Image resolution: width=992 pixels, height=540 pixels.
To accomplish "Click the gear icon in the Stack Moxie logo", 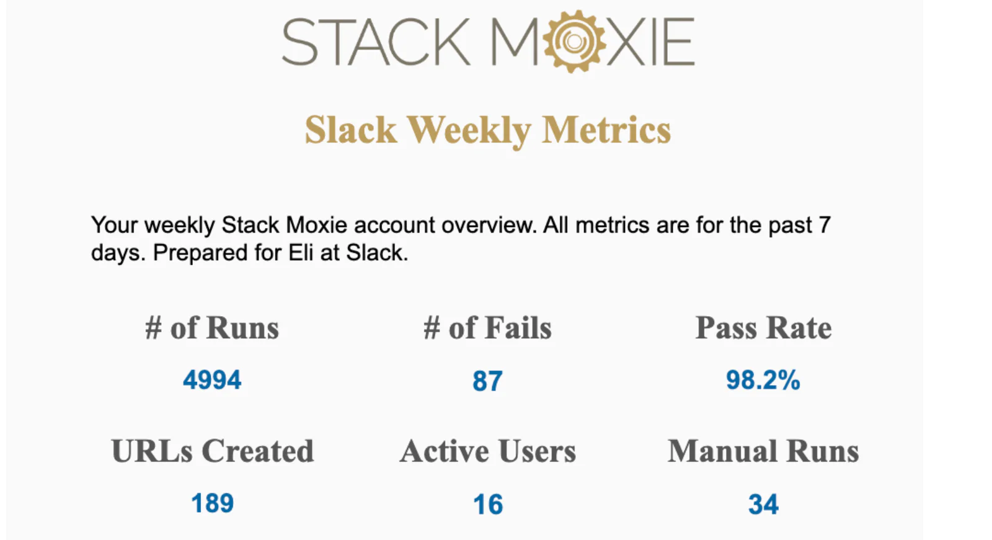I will coord(573,42).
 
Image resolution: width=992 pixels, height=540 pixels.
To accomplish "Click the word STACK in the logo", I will coord(376,42).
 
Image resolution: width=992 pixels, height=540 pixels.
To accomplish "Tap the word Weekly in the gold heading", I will coord(469,130).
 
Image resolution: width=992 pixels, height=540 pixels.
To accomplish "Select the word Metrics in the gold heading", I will coord(606,130).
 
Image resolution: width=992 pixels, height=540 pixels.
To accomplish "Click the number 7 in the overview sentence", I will coord(824,225).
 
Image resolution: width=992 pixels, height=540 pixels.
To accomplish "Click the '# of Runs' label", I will coord(212,327).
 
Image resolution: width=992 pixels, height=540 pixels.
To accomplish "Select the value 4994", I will coord(212,380).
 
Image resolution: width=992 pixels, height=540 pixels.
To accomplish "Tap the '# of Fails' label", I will coord(487,327).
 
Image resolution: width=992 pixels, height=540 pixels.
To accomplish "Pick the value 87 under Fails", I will coord(487,381).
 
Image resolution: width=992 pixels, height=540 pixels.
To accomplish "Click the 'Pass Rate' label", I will coord(763,327).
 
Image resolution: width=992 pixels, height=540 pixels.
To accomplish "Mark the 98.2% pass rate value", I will coord(763,380).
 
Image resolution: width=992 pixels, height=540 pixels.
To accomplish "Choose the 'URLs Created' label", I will coord(212,451).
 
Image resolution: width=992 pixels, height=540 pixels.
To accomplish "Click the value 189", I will coord(212,503).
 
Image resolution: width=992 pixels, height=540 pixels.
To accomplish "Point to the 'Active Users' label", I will coord(487,451).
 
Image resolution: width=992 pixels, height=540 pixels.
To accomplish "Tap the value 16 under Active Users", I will coord(487,505).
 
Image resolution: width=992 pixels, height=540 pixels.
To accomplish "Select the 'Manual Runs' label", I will coord(763,451).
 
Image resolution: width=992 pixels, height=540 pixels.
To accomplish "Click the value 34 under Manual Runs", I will coord(763,505).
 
